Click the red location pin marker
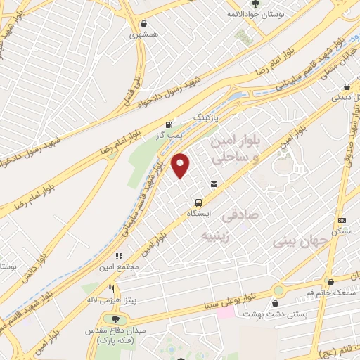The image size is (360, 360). (181, 165)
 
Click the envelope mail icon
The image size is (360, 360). (214, 184)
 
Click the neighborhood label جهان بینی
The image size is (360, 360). (302, 241)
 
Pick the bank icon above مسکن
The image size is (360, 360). (342, 220)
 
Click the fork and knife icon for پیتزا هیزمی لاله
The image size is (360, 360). (111, 289)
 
